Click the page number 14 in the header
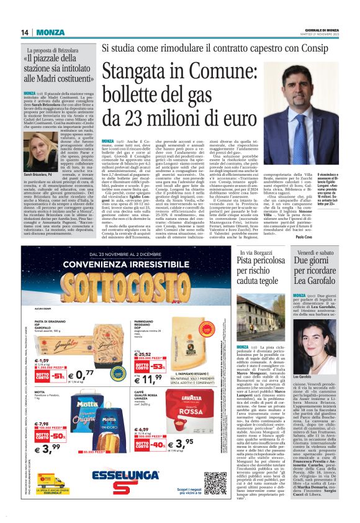click(x=25, y=32)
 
